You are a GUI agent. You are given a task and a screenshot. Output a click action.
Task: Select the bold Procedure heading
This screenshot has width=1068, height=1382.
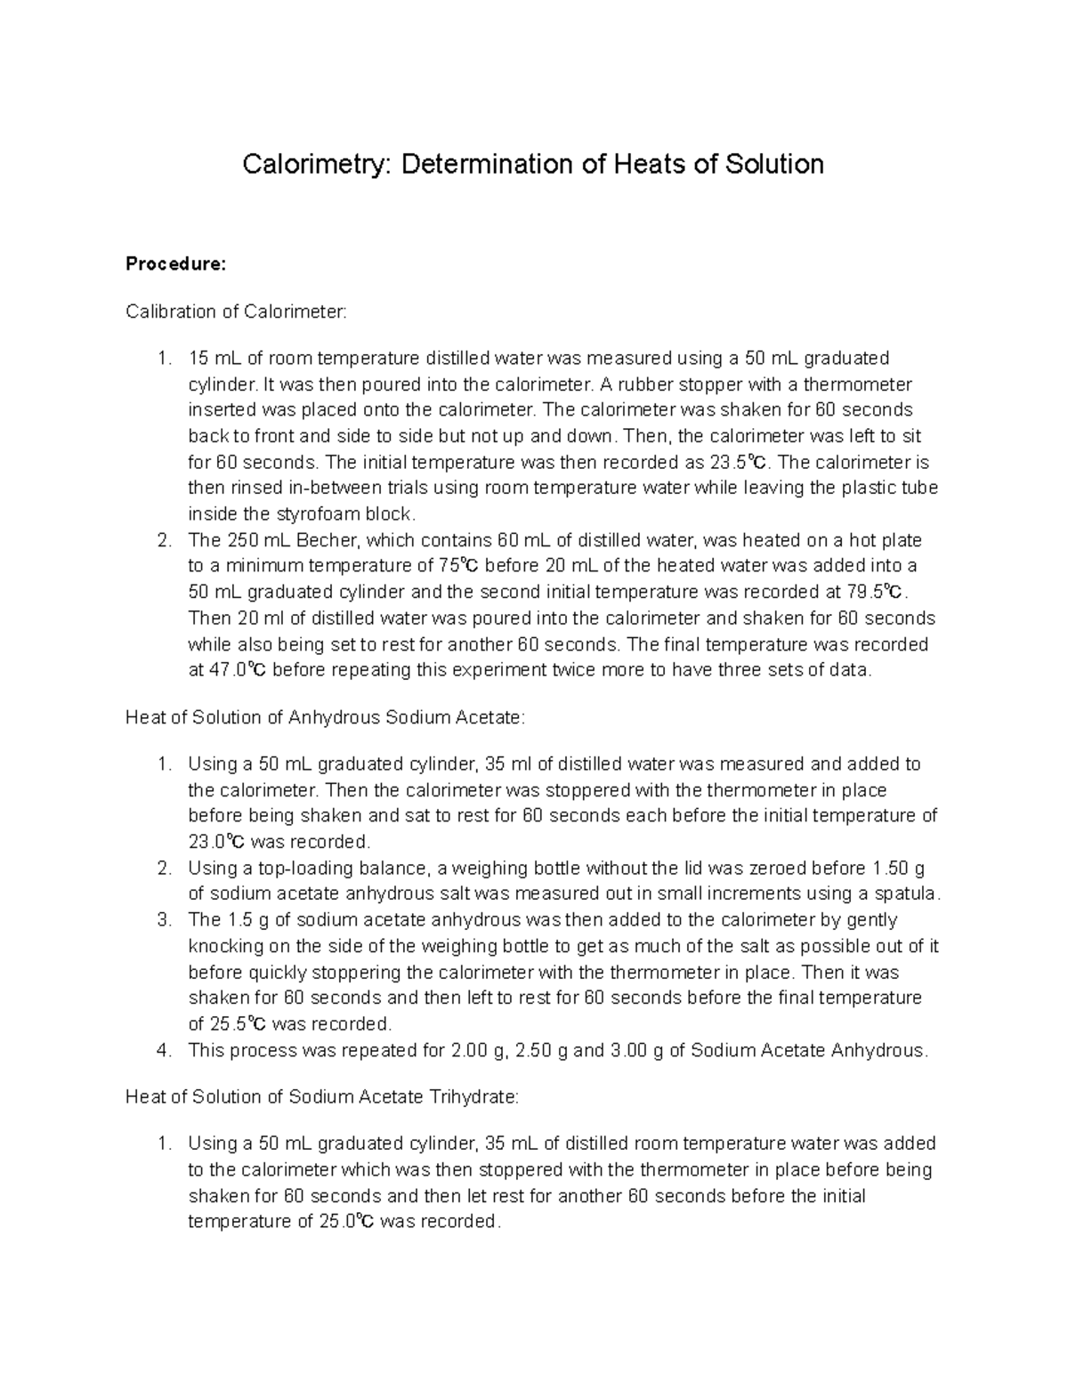(176, 264)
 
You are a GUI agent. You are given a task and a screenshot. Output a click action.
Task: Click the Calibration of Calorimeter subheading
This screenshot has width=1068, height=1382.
(239, 311)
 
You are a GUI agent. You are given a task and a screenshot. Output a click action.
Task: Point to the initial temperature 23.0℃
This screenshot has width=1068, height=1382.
(220, 842)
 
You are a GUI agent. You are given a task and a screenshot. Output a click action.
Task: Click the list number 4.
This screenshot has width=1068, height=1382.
(163, 1050)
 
